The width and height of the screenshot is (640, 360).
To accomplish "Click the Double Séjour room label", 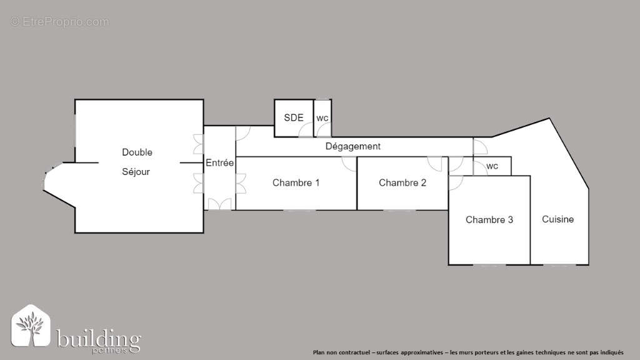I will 137,162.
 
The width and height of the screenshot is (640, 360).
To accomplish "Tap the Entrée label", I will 219,162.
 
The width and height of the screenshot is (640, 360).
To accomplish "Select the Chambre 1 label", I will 296,183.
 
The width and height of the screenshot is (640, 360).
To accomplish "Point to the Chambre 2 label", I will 402,183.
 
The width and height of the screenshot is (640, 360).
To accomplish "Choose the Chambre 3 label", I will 489,220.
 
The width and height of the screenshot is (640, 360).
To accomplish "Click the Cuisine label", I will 557,219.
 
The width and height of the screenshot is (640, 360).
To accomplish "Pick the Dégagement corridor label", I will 352,146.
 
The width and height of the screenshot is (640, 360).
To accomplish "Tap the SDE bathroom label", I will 294,117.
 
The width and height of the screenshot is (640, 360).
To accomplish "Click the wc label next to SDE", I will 322,118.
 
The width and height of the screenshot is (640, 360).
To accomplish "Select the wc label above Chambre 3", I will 492,166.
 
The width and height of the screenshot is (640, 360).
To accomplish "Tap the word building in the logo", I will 99,339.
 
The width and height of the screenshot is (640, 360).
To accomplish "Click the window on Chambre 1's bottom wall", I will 299,211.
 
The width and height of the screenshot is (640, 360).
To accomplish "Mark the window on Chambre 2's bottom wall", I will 399,211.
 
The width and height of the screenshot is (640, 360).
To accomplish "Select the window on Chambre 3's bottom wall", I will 489,265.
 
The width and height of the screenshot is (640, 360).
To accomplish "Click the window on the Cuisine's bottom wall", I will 560,265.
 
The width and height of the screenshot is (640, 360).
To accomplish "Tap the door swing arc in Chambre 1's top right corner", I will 349,164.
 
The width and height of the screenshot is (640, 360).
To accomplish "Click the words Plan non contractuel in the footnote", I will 341,352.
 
